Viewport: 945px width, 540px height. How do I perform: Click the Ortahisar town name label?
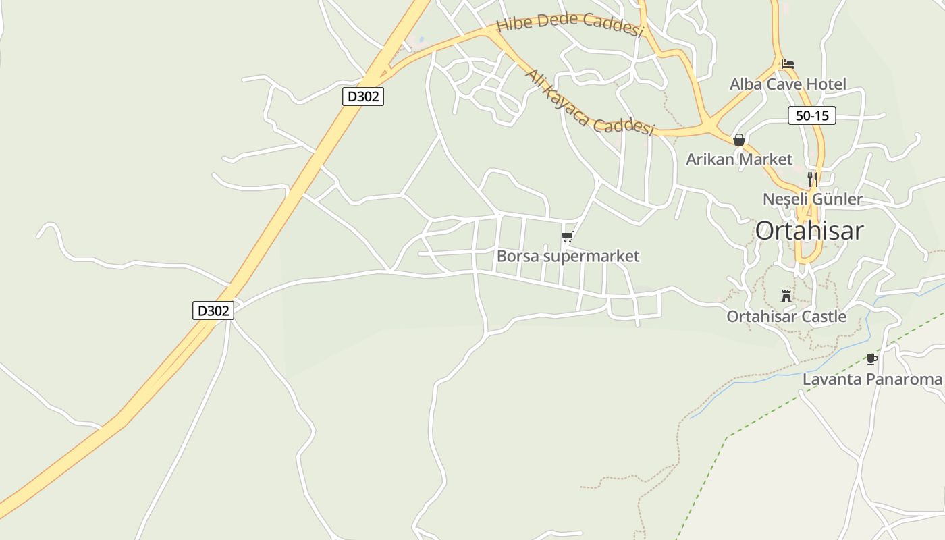pos(809,231)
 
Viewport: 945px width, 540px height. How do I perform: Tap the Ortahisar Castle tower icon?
pos(786,296)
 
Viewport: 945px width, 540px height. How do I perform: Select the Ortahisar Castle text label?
pos(786,317)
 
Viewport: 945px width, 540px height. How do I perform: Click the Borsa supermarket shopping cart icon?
pos(567,237)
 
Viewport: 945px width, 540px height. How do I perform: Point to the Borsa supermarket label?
pos(568,256)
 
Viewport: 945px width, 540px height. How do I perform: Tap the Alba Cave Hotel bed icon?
pos(787,64)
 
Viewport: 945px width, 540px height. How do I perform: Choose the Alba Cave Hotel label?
pos(788,84)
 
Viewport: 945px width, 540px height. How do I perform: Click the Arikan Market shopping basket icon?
pos(739,140)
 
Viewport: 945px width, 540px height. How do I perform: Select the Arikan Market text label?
pos(739,159)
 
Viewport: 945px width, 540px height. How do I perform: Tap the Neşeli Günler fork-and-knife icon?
pos(813,179)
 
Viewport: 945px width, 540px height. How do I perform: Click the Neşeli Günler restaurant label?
pos(813,199)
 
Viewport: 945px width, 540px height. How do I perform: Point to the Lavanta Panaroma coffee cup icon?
pos(871,359)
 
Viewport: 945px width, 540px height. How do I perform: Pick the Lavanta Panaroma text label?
pos(872,379)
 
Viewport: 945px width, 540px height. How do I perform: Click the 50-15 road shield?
pos(811,115)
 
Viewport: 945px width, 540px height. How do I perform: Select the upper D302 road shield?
pos(363,97)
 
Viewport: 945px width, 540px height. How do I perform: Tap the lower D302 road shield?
pos(213,310)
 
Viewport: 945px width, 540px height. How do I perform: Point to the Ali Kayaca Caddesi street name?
pos(590,103)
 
